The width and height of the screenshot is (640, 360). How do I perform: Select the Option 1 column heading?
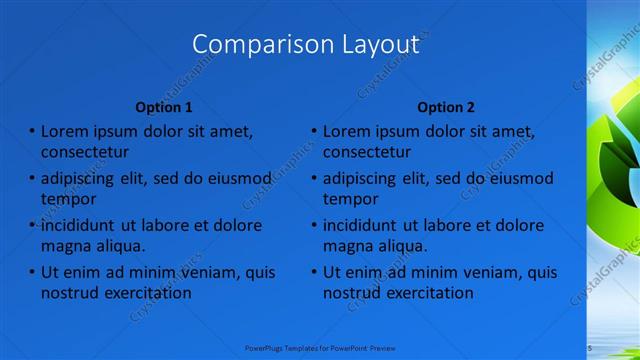[164, 107]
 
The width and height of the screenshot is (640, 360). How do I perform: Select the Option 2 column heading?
[446, 107]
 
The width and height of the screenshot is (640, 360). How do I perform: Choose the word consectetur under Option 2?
[366, 152]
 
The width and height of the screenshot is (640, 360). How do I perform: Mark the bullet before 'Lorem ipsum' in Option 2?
[313, 131]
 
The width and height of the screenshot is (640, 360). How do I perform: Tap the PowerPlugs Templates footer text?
[320, 347]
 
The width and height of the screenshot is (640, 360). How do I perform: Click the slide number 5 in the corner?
[590, 347]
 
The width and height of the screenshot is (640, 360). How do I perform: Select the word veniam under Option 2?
[492, 273]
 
